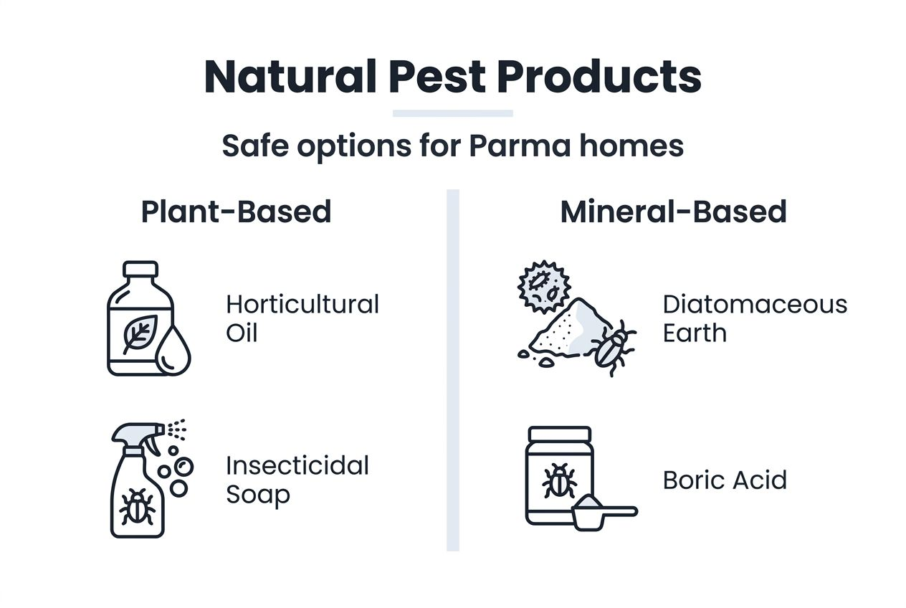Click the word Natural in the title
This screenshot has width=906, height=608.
(x=291, y=77)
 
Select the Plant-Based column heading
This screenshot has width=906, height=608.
(x=236, y=212)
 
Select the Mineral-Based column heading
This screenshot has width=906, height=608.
(x=673, y=212)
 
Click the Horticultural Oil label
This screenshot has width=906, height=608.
(x=302, y=318)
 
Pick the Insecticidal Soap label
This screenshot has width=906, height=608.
(x=297, y=480)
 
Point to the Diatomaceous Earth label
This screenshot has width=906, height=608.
(x=754, y=318)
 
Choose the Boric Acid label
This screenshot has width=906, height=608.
(x=725, y=480)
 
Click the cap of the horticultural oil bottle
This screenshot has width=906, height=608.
(x=140, y=270)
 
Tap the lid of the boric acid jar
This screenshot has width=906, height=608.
(x=559, y=434)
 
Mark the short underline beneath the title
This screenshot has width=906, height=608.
(x=452, y=113)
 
